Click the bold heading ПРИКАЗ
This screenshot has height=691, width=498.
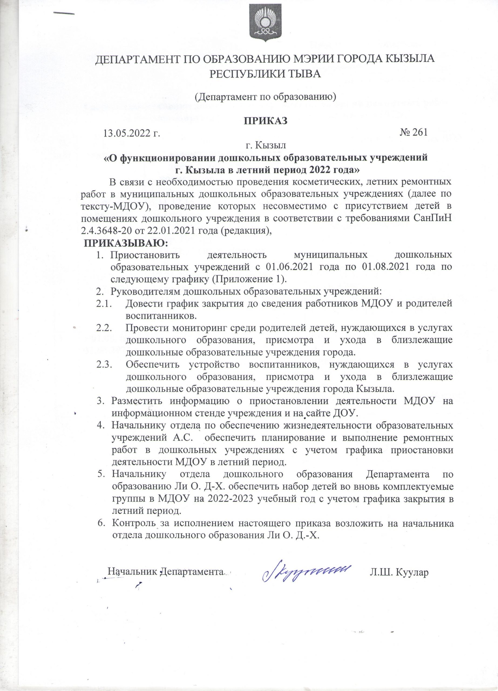coord(265,121)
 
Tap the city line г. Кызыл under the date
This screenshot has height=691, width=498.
coord(266,145)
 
